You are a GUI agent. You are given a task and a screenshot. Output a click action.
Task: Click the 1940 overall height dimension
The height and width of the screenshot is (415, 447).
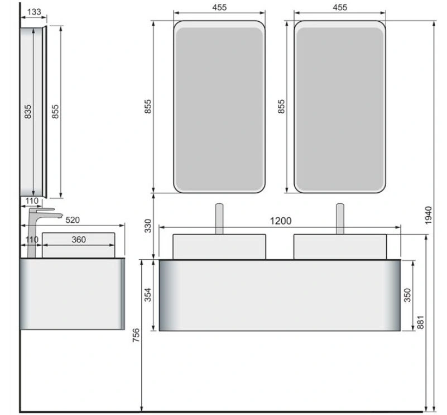[428, 215]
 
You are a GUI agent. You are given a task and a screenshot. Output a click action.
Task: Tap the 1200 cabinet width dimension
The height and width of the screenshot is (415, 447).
[281, 221]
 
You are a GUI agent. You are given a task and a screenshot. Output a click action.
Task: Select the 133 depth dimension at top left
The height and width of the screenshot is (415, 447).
[34, 12]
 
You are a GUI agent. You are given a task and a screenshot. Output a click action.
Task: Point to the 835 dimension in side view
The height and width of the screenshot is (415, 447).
[28, 112]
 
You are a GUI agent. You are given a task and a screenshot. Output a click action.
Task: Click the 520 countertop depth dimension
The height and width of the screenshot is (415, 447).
[73, 220]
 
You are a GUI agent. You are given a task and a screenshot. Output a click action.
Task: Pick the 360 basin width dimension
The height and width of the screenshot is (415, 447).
[79, 240]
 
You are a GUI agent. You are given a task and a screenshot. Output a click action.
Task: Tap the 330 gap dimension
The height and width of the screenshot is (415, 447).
[148, 226]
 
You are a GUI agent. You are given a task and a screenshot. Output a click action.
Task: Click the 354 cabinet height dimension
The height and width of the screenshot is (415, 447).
[148, 295]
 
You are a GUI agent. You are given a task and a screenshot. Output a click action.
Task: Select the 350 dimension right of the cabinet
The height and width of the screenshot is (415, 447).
[408, 295]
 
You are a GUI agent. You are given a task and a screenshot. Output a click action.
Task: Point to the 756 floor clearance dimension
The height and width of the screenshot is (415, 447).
[136, 335]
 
